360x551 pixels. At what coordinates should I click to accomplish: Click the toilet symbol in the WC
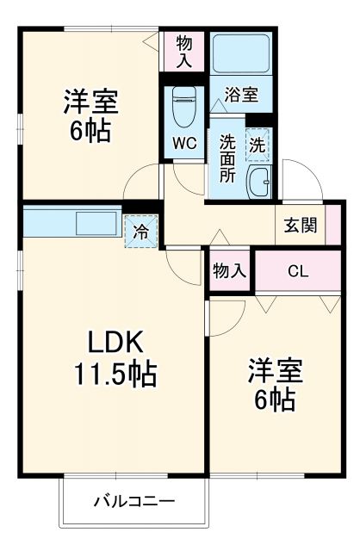coord(183,107)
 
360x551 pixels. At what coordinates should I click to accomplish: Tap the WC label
coord(185,144)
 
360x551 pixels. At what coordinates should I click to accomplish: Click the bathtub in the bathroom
coord(241,53)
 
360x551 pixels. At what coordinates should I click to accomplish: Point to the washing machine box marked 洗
coord(258,145)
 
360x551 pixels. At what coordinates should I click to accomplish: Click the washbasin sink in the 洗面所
coord(258,182)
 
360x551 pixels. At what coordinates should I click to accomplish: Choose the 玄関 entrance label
coord(300,226)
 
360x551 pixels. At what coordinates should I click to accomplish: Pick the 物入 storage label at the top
coord(184,51)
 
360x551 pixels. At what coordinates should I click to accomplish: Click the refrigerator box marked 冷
coord(140,230)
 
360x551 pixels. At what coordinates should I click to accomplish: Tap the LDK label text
coord(112,341)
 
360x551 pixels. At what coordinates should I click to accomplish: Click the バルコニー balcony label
coord(133,500)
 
